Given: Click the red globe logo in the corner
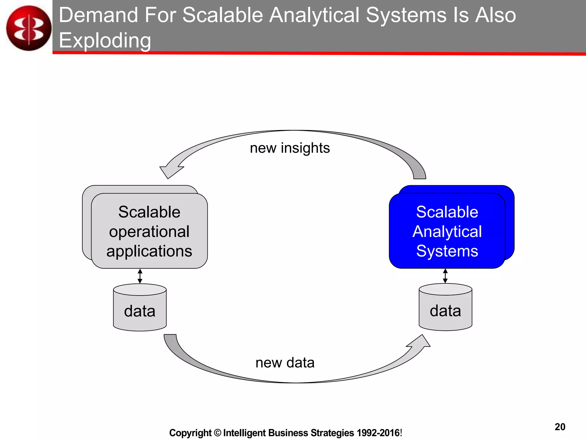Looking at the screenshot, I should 29,28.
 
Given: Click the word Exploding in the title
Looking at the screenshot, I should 105,41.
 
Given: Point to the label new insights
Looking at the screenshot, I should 290,148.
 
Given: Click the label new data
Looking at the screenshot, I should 285,363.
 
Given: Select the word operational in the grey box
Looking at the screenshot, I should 149,232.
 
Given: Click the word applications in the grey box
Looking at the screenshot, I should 149,251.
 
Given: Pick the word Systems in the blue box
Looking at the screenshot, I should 447,251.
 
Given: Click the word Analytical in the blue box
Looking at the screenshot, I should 447,232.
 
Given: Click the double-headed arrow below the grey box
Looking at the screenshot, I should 140,276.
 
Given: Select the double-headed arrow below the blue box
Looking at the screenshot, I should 445,276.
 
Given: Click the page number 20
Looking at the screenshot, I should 560,427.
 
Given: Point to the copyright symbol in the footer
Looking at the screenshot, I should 217,433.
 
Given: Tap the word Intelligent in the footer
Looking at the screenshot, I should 245,433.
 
